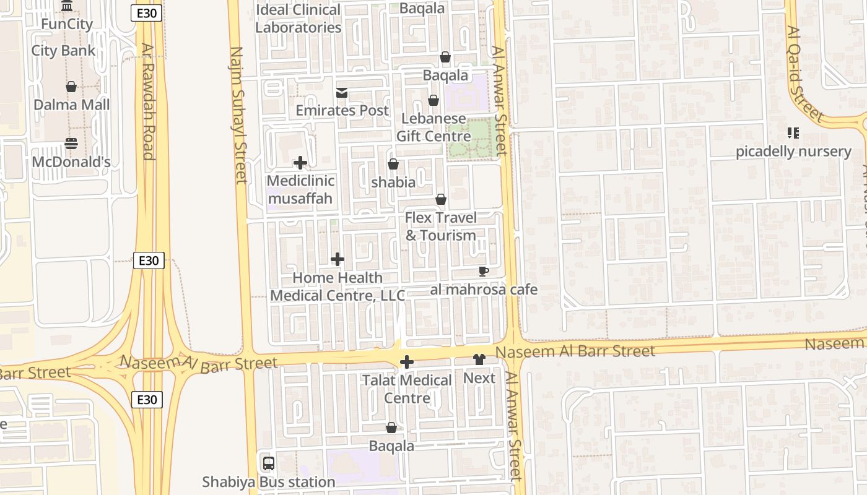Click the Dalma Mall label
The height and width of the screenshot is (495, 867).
click(71, 105)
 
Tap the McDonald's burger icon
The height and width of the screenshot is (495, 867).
click(71, 144)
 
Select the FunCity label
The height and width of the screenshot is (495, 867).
click(66, 25)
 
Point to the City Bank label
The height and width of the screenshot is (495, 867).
click(63, 51)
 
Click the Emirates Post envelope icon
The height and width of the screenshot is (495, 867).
click(341, 93)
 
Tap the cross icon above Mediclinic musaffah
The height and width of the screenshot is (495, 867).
click(300, 163)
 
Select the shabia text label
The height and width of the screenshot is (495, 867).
click(393, 183)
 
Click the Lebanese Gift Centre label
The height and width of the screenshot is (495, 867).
click(434, 127)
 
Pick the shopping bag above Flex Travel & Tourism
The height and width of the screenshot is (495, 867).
click(441, 199)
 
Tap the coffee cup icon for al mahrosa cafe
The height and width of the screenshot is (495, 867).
click(484, 271)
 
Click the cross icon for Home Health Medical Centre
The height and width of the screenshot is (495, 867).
click(338, 259)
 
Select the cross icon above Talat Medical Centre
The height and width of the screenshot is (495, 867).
click(407, 362)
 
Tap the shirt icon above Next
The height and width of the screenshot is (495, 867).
click(479, 359)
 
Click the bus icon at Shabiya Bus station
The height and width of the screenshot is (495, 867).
click(269, 463)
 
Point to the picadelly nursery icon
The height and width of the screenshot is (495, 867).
click(793, 133)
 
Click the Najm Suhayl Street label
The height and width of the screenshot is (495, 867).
click(238, 115)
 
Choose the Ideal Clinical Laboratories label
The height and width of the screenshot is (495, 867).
click(298, 19)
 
